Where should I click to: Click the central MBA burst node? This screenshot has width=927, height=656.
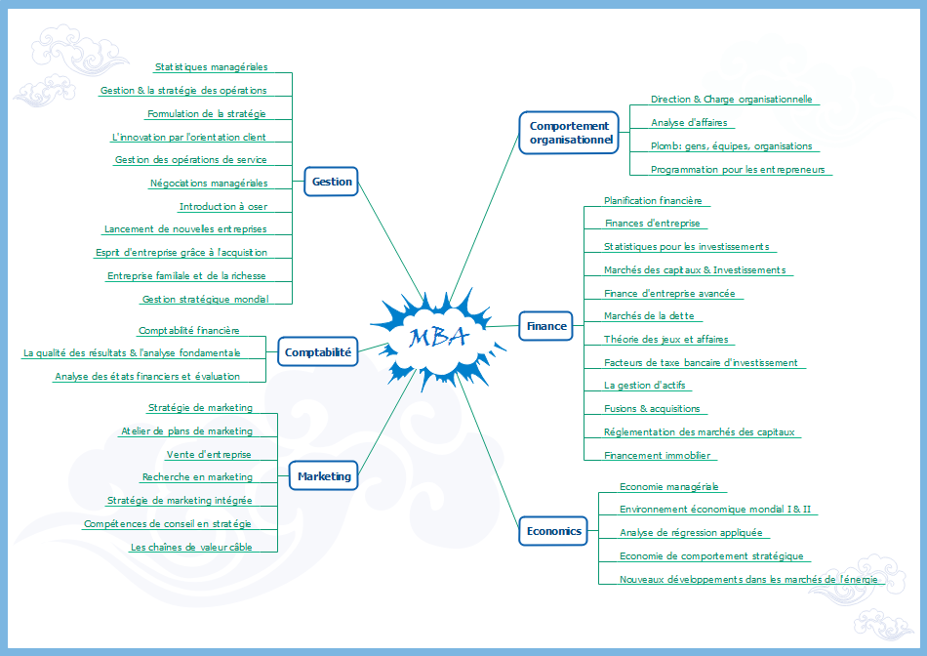[x=437, y=336]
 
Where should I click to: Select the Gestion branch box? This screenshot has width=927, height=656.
[x=332, y=182]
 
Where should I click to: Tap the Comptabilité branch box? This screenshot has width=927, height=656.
[x=317, y=352]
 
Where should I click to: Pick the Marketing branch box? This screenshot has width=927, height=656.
[x=324, y=476]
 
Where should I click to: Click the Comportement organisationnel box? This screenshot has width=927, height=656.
[x=569, y=132]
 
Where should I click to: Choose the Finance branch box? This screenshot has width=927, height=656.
[x=546, y=326]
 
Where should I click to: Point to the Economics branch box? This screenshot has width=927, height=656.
[x=553, y=531]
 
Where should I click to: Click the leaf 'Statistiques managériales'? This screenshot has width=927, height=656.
[x=211, y=67]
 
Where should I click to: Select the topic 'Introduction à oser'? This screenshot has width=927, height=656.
[x=222, y=207]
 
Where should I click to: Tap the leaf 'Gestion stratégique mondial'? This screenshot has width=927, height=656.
[x=205, y=300]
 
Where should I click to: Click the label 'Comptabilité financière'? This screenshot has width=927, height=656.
[x=188, y=331]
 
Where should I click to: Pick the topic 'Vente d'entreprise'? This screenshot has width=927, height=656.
[x=209, y=454]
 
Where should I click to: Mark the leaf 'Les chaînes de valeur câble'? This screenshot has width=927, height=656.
[x=191, y=547]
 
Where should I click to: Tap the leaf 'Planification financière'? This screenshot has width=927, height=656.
[x=653, y=200]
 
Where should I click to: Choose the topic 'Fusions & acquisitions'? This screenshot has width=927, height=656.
[x=652, y=409]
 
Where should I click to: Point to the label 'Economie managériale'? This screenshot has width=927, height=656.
[x=668, y=486]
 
